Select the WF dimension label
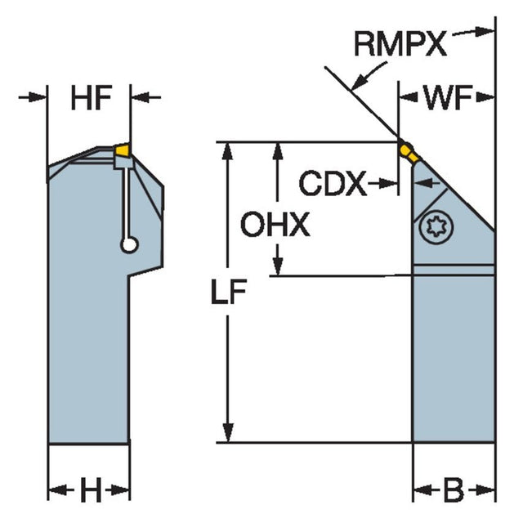coord(448,100)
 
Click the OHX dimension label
coord(275,225)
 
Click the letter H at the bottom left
coord(89,491)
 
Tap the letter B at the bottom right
coord(453,491)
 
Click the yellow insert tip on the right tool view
coord(407,151)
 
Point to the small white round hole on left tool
coord(127,244)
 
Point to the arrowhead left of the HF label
coord(38,98)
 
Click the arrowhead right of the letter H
coord(120,491)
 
